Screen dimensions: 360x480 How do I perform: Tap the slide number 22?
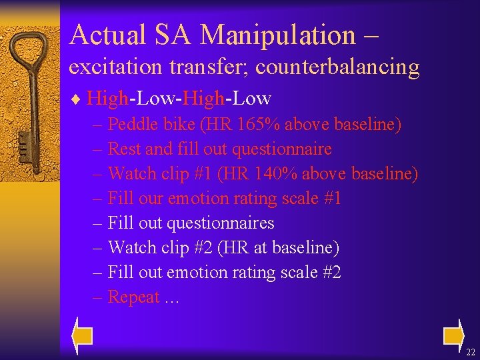(471, 352)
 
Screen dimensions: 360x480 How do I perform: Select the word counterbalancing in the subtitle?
(337, 67)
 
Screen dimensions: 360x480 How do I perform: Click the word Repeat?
(134, 297)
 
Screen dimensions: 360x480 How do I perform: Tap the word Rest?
(123, 149)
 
